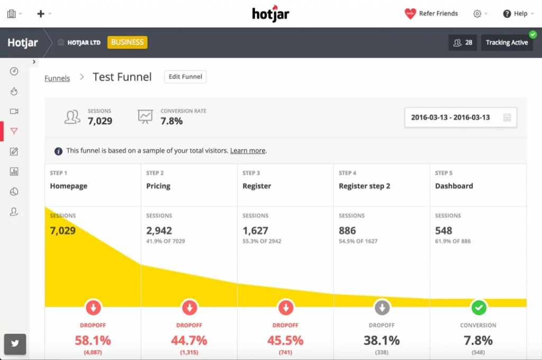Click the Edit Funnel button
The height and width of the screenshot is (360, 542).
(185, 77)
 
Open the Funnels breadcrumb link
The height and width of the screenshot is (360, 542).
(57, 78)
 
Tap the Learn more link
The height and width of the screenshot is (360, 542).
(248, 151)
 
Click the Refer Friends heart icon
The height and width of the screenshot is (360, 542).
(410, 14)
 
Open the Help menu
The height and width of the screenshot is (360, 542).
(515, 14)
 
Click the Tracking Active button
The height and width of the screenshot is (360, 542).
(507, 42)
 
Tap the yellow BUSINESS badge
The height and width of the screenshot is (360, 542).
(127, 42)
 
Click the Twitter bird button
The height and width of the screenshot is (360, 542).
(15, 343)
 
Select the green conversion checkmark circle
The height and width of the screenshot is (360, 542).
(478, 307)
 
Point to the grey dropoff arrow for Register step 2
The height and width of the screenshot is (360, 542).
(382, 307)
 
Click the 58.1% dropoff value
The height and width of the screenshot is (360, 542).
(93, 340)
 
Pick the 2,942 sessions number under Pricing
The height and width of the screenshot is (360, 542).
(159, 231)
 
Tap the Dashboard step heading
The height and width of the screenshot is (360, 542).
(454, 186)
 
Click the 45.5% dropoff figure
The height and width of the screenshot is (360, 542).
(285, 340)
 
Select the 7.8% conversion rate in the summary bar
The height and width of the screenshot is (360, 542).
(171, 121)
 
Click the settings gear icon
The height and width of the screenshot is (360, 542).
(477, 14)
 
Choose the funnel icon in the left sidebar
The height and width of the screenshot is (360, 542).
(14, 131)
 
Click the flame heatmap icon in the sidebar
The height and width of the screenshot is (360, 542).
(14, 92)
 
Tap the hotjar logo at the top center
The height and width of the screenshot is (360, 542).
(270, 13)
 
